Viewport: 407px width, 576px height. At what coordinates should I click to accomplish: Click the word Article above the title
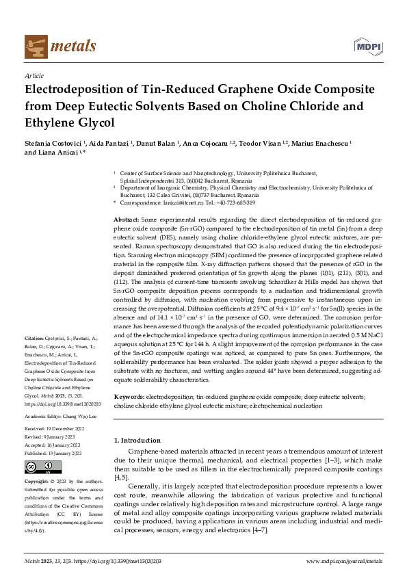coord(34,75)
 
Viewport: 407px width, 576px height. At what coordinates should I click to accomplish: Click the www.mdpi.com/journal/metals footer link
coord(344,562)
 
